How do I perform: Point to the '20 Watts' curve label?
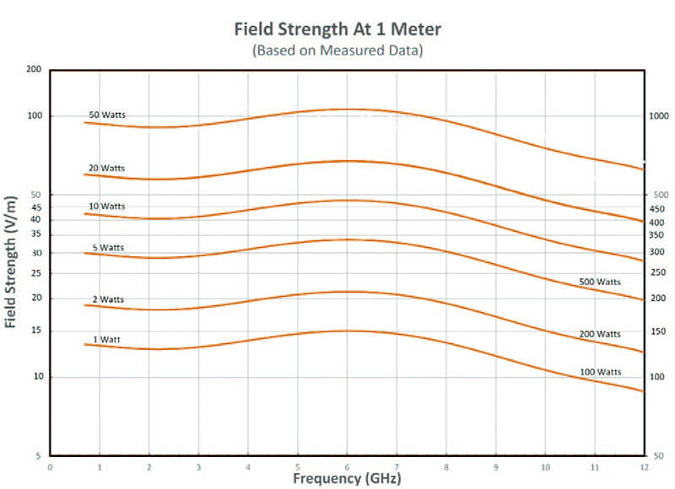coord(106,168)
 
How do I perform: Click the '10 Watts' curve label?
coord(106,207)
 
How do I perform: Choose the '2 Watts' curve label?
coord(107,299)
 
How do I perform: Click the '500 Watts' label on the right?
coord(600,282)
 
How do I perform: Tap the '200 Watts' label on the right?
coord(600,334)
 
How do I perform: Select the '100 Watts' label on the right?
coord(600,372)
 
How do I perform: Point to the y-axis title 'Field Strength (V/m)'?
coord(11,261)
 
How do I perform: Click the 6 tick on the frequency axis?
coord(348,466)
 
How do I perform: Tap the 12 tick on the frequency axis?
coord(645,466)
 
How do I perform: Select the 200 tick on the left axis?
coord(35,69)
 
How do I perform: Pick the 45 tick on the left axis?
coord(36,207)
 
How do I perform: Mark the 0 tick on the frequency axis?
coord(50,466)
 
